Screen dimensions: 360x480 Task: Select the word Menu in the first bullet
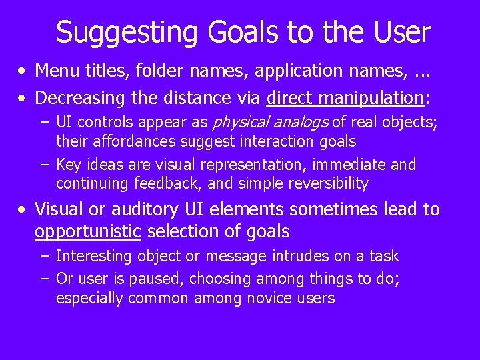tap(54, 69)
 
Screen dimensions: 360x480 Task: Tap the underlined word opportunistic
tap(88, 232)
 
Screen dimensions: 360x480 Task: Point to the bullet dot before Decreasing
tap(23, 99)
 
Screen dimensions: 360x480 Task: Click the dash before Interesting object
tap(44, 256)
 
